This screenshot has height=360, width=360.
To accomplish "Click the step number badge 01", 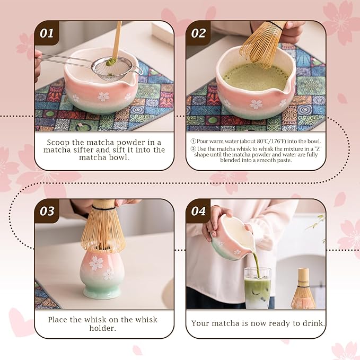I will point(47,33).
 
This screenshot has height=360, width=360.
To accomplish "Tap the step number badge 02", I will point(198,33).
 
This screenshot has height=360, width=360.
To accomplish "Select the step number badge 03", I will point(47,211).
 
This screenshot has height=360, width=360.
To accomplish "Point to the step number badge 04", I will point(198,211).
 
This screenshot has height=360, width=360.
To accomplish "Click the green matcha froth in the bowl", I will point(254,77).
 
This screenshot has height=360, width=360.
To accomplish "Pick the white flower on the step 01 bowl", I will point(103,96).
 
